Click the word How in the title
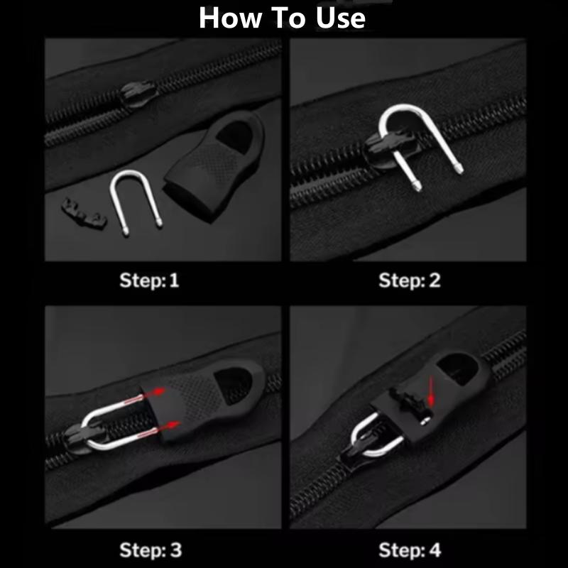229,18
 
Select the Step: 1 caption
150,280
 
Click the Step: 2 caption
410,280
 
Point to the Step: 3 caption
150,549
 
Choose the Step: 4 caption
410,549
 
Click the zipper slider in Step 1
136,94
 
